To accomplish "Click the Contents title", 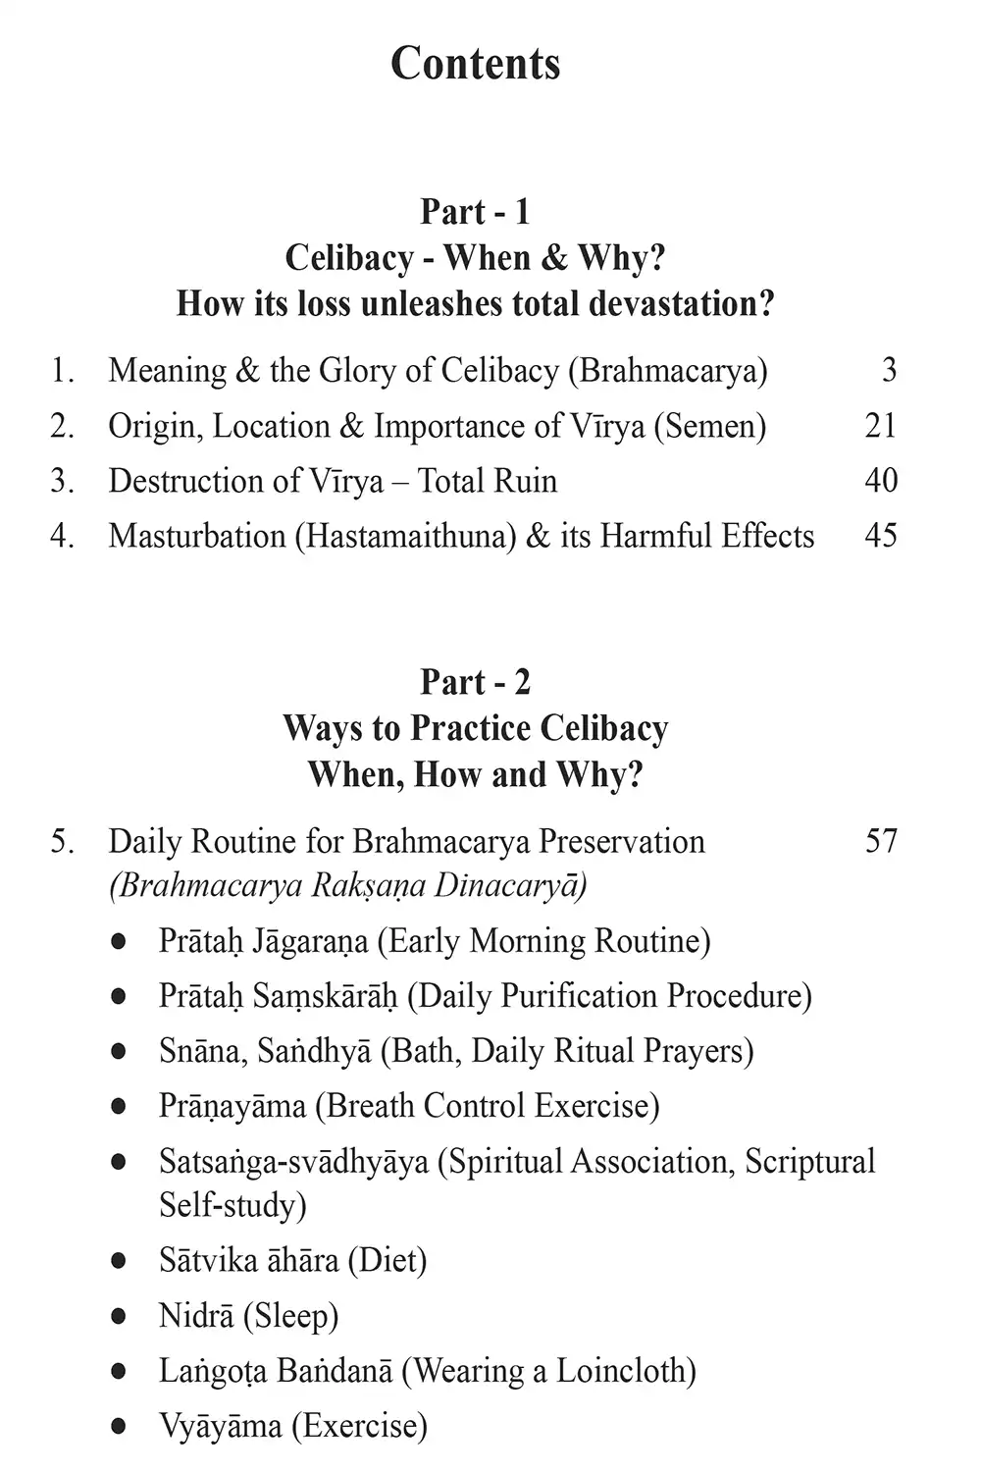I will click(x=476, y=64).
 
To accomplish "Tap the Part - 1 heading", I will click(x=476, y=211).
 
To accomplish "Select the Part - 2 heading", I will click(x=476, y=682).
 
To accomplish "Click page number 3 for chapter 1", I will click(x=889, y=370).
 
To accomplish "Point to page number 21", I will click(x=881, y=425).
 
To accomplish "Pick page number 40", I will click(x=881, y=480).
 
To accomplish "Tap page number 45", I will click(x=881, y=535).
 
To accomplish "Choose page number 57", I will click(x=881, y=841).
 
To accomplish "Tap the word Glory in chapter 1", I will click(x=353, y=371).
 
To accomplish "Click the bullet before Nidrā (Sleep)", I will click(x=119, y=1315).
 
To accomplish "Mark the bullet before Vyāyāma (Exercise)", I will click(x=119, y=1425).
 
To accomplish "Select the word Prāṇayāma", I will click(x=232, y=1106).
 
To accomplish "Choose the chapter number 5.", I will click(x=62, y=841).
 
